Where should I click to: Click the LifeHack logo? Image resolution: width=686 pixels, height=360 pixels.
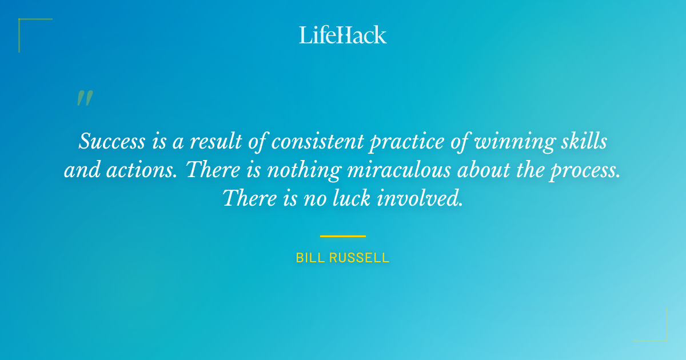coord(342,35)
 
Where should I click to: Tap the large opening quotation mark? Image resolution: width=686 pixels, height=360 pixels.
coord(84,99)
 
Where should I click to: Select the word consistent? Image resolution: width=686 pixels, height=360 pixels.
coord(317,141)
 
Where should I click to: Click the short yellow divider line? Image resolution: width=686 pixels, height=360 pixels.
coord(342,235)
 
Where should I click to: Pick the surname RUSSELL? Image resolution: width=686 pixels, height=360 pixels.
coord(358,258)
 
